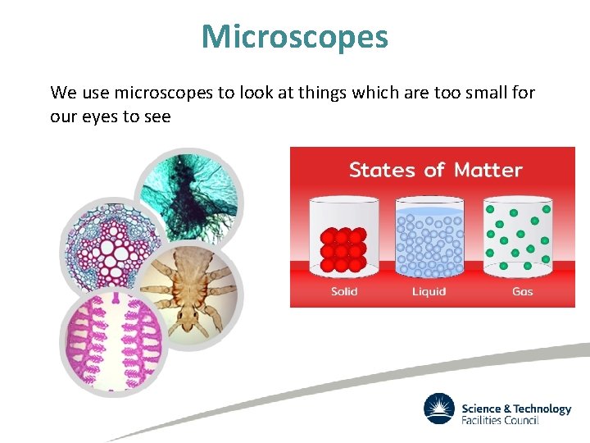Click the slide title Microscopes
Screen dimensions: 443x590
coord(295,36)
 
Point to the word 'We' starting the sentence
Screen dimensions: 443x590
coord(63,93)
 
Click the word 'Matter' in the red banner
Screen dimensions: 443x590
coord(488,170)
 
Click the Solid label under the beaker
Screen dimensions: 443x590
coord(344,291)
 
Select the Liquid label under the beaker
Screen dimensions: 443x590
coord(429,291)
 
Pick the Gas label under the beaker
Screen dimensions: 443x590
coord(522,291)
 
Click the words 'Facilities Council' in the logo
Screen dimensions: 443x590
coord(501,421)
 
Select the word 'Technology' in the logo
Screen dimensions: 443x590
coord(542,409)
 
